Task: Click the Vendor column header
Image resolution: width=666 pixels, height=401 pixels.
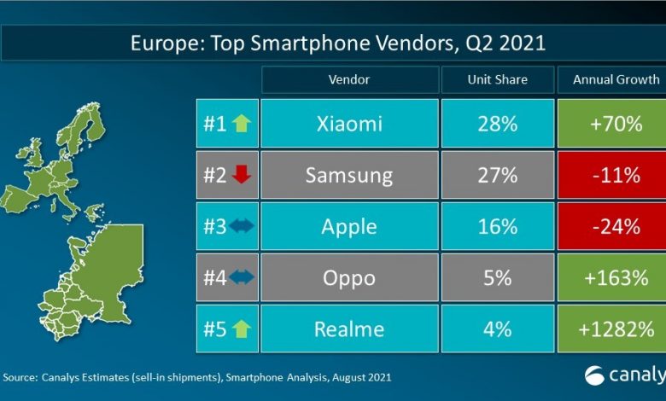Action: pos(348,79)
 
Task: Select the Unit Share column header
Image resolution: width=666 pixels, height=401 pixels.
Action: pos(497,79)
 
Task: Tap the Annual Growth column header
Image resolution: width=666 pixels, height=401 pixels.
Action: pos(611,79)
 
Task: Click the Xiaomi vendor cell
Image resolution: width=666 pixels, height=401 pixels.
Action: pos(348,124)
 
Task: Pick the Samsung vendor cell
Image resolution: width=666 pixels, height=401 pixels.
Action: pos(348,176)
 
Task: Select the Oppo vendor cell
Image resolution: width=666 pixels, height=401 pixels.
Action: pos(348,279)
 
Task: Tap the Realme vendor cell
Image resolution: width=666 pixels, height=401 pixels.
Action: pos(348,329)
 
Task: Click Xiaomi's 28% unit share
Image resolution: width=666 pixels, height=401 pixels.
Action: pos(497,124)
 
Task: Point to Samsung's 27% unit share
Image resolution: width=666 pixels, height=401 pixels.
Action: pos(497,176)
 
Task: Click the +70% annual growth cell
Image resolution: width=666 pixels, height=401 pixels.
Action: pos(611,124)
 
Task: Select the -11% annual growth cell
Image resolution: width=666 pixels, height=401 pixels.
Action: pos(611,176)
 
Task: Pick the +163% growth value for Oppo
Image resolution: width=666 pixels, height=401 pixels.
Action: pos(611,279)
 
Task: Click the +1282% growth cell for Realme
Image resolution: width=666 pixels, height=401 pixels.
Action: pos(611,329)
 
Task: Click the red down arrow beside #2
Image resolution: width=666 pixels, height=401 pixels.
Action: pos(240,176)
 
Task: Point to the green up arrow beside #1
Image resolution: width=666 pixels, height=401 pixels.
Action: pos(240,124)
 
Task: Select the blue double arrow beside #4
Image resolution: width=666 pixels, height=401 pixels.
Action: pos(240,279)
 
